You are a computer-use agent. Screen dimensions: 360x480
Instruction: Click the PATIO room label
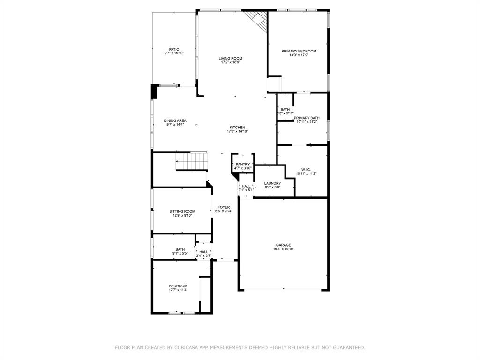coord(174,49)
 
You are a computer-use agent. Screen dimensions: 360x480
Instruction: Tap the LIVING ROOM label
coord(230,58)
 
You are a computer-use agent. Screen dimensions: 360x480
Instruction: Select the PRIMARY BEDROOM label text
coord(299,51)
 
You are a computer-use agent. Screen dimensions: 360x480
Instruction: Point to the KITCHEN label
coord(237,127)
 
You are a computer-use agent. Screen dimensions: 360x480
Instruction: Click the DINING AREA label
coord(175,120)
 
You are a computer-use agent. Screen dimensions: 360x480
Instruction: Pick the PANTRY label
coord(243,164)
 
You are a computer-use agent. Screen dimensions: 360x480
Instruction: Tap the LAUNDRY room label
coord(272,183)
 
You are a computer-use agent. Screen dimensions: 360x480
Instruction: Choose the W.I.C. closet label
coord(307,169)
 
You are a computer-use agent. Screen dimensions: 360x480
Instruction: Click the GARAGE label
coord(283,245)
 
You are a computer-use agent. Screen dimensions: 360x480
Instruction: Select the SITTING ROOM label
coord(182,211)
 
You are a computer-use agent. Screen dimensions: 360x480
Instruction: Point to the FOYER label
coord(224,207)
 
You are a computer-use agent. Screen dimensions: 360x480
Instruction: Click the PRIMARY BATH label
coord(307,118)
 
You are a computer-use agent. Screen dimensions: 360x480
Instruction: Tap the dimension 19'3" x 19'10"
coord(283,249)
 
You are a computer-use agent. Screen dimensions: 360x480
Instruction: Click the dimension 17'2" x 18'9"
coord(230,62)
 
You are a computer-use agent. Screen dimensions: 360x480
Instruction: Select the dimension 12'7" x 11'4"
coord(178,290)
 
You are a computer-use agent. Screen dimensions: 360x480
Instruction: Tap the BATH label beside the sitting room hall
coord(180,249)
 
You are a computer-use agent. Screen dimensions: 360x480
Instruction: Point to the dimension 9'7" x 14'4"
coord(175,125)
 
